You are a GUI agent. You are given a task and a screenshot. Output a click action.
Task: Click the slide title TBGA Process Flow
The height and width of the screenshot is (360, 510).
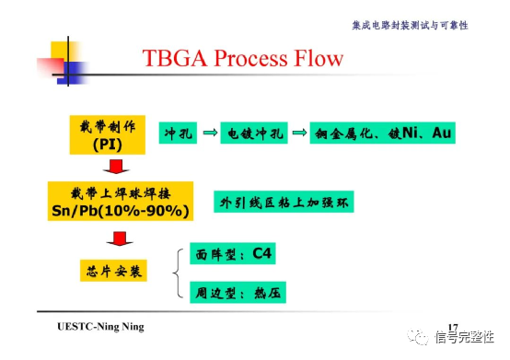243,59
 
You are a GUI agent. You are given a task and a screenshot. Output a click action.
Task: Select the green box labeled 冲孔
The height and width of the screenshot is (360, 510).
177,134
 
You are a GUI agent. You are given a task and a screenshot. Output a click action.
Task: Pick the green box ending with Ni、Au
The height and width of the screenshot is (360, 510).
382,134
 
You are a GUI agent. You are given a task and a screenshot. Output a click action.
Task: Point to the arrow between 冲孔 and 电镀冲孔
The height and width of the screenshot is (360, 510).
209,134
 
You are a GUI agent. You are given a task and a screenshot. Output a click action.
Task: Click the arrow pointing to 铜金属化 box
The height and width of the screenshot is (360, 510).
298,134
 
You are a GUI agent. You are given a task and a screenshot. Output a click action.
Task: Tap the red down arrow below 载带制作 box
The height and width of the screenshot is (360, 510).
115,167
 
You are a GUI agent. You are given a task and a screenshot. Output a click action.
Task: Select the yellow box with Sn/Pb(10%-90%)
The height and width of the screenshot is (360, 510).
120,201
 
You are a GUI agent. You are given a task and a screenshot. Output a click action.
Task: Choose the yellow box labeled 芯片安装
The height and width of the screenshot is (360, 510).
114,272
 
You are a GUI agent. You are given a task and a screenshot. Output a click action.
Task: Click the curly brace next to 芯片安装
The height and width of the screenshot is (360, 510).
180,273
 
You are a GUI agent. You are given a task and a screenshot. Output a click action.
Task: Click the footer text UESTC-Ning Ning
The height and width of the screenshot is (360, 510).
100,328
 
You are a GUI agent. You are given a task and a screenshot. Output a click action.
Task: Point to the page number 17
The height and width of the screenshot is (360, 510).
452,327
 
